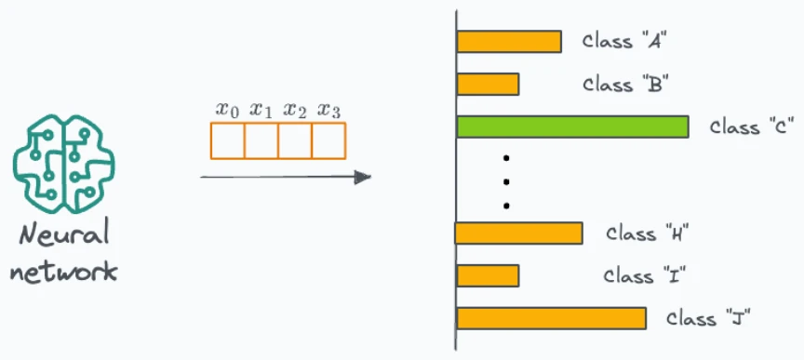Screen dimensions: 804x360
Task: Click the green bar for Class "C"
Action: point(572,127)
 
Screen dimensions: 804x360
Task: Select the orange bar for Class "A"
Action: point(509,42)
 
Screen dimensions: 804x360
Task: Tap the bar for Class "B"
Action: point(488,84)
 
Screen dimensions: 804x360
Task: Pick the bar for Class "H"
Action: point(518,233)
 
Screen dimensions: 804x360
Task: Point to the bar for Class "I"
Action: point(488,276)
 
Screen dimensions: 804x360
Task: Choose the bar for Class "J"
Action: point(551,318)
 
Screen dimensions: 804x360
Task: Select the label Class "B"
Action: point(625,84)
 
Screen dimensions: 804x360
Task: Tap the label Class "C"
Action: point(752,127)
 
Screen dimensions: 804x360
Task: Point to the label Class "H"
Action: point(647,233)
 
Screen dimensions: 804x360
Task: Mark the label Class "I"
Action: point(645,276)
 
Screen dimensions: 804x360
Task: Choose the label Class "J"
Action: point(709,318)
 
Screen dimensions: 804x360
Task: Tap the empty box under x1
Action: point(261,140)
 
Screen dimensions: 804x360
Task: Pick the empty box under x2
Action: point(295,140)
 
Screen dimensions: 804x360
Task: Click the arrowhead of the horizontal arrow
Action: point(363,178)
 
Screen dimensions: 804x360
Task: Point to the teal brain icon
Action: point(64,164)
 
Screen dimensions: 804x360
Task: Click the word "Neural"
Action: point(64,235)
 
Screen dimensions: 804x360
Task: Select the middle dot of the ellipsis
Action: point(506,181)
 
